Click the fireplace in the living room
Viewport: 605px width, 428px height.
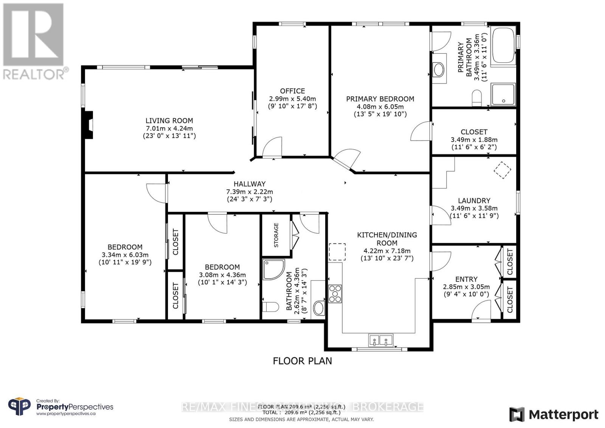coord(88,125)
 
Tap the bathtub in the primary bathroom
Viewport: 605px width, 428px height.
coord(503,46)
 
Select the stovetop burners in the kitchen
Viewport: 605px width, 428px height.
coord(335,293)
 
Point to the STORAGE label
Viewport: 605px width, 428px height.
coord(276,235)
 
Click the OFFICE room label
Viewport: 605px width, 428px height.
coord(292,91)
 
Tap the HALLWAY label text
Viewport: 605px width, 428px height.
coord(249,184)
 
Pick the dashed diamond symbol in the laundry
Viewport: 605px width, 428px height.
coord(503,170)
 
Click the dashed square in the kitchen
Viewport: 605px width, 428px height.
coord(337,252)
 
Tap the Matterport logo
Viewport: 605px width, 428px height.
coord(554,414)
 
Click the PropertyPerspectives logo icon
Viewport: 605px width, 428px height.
coord(19,407)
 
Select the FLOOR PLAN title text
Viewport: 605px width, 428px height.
coord(302,361)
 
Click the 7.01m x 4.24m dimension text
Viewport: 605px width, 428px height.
coord(169,128)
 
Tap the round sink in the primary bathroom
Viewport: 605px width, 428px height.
coord(439,70)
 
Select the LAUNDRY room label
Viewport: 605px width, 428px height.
coord(474,201)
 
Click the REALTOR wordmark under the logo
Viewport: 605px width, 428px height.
coord(34,74)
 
